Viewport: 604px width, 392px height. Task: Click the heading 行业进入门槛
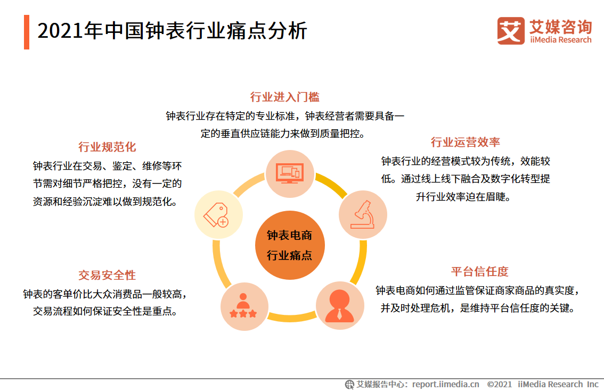coord(284,97)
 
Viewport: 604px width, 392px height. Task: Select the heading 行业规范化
coord(107,147)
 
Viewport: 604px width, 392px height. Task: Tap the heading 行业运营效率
coord(465,142)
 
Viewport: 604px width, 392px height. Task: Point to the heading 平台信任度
coord(479,271)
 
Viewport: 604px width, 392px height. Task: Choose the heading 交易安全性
coord(107,275)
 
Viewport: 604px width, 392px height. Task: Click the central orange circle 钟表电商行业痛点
coord(289,245)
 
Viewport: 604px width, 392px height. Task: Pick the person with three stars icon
coord(243,307)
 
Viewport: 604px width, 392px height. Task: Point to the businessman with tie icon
coord(339,305)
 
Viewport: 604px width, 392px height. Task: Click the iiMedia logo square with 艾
coord(510,31)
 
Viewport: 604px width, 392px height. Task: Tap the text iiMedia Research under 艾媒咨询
coord(560,40)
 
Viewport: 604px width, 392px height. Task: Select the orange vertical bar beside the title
coord(27,32)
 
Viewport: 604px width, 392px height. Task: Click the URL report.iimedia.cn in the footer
coord(445,384)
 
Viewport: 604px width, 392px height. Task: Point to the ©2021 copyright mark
coord(499,384)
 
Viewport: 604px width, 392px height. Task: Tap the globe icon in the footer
coord(350,384)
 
